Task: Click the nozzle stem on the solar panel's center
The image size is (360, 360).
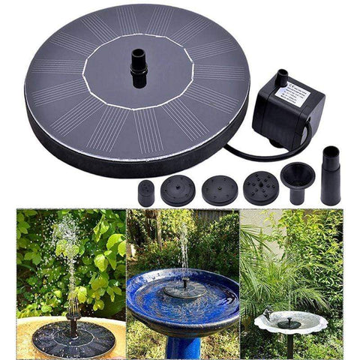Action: click(x=138, y=67)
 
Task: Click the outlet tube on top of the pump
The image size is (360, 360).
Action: click(x=281, y=77)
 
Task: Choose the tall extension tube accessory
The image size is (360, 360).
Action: click(x=330, y=175)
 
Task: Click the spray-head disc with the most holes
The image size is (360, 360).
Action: click(x=261, y=188)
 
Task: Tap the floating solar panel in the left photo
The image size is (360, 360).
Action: click(x=72, y=337)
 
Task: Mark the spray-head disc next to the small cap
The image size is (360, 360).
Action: click(x=178, y=190)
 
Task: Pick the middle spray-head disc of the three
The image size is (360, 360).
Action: click(x=220, y=189)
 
